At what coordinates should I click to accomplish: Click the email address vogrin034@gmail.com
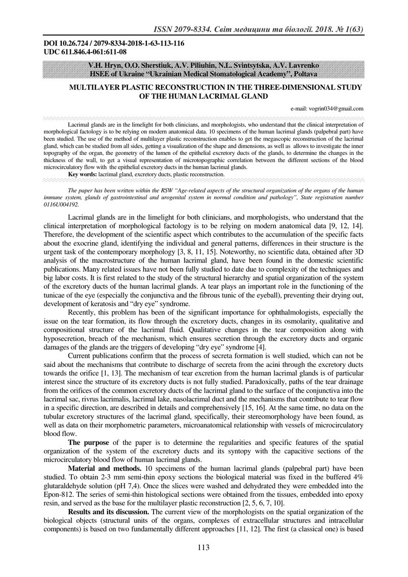(x=327, y=108)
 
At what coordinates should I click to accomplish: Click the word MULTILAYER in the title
(x=97, y=87)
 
